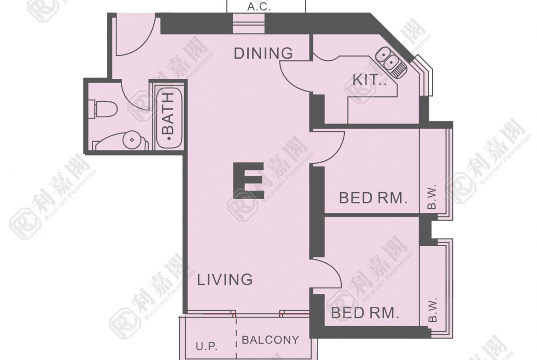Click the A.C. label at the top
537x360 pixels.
(x=259, y=7)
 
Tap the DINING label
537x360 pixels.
(x=263, y=53)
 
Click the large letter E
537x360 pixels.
(x=249, y=181)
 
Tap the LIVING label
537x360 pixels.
(x=225, y=280)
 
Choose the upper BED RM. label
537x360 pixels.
(x=373, y=198)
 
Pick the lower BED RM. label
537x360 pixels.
(x=365, y=313)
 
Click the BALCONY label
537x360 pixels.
(x=270, y=340)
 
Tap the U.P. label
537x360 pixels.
(x=207, y=346)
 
